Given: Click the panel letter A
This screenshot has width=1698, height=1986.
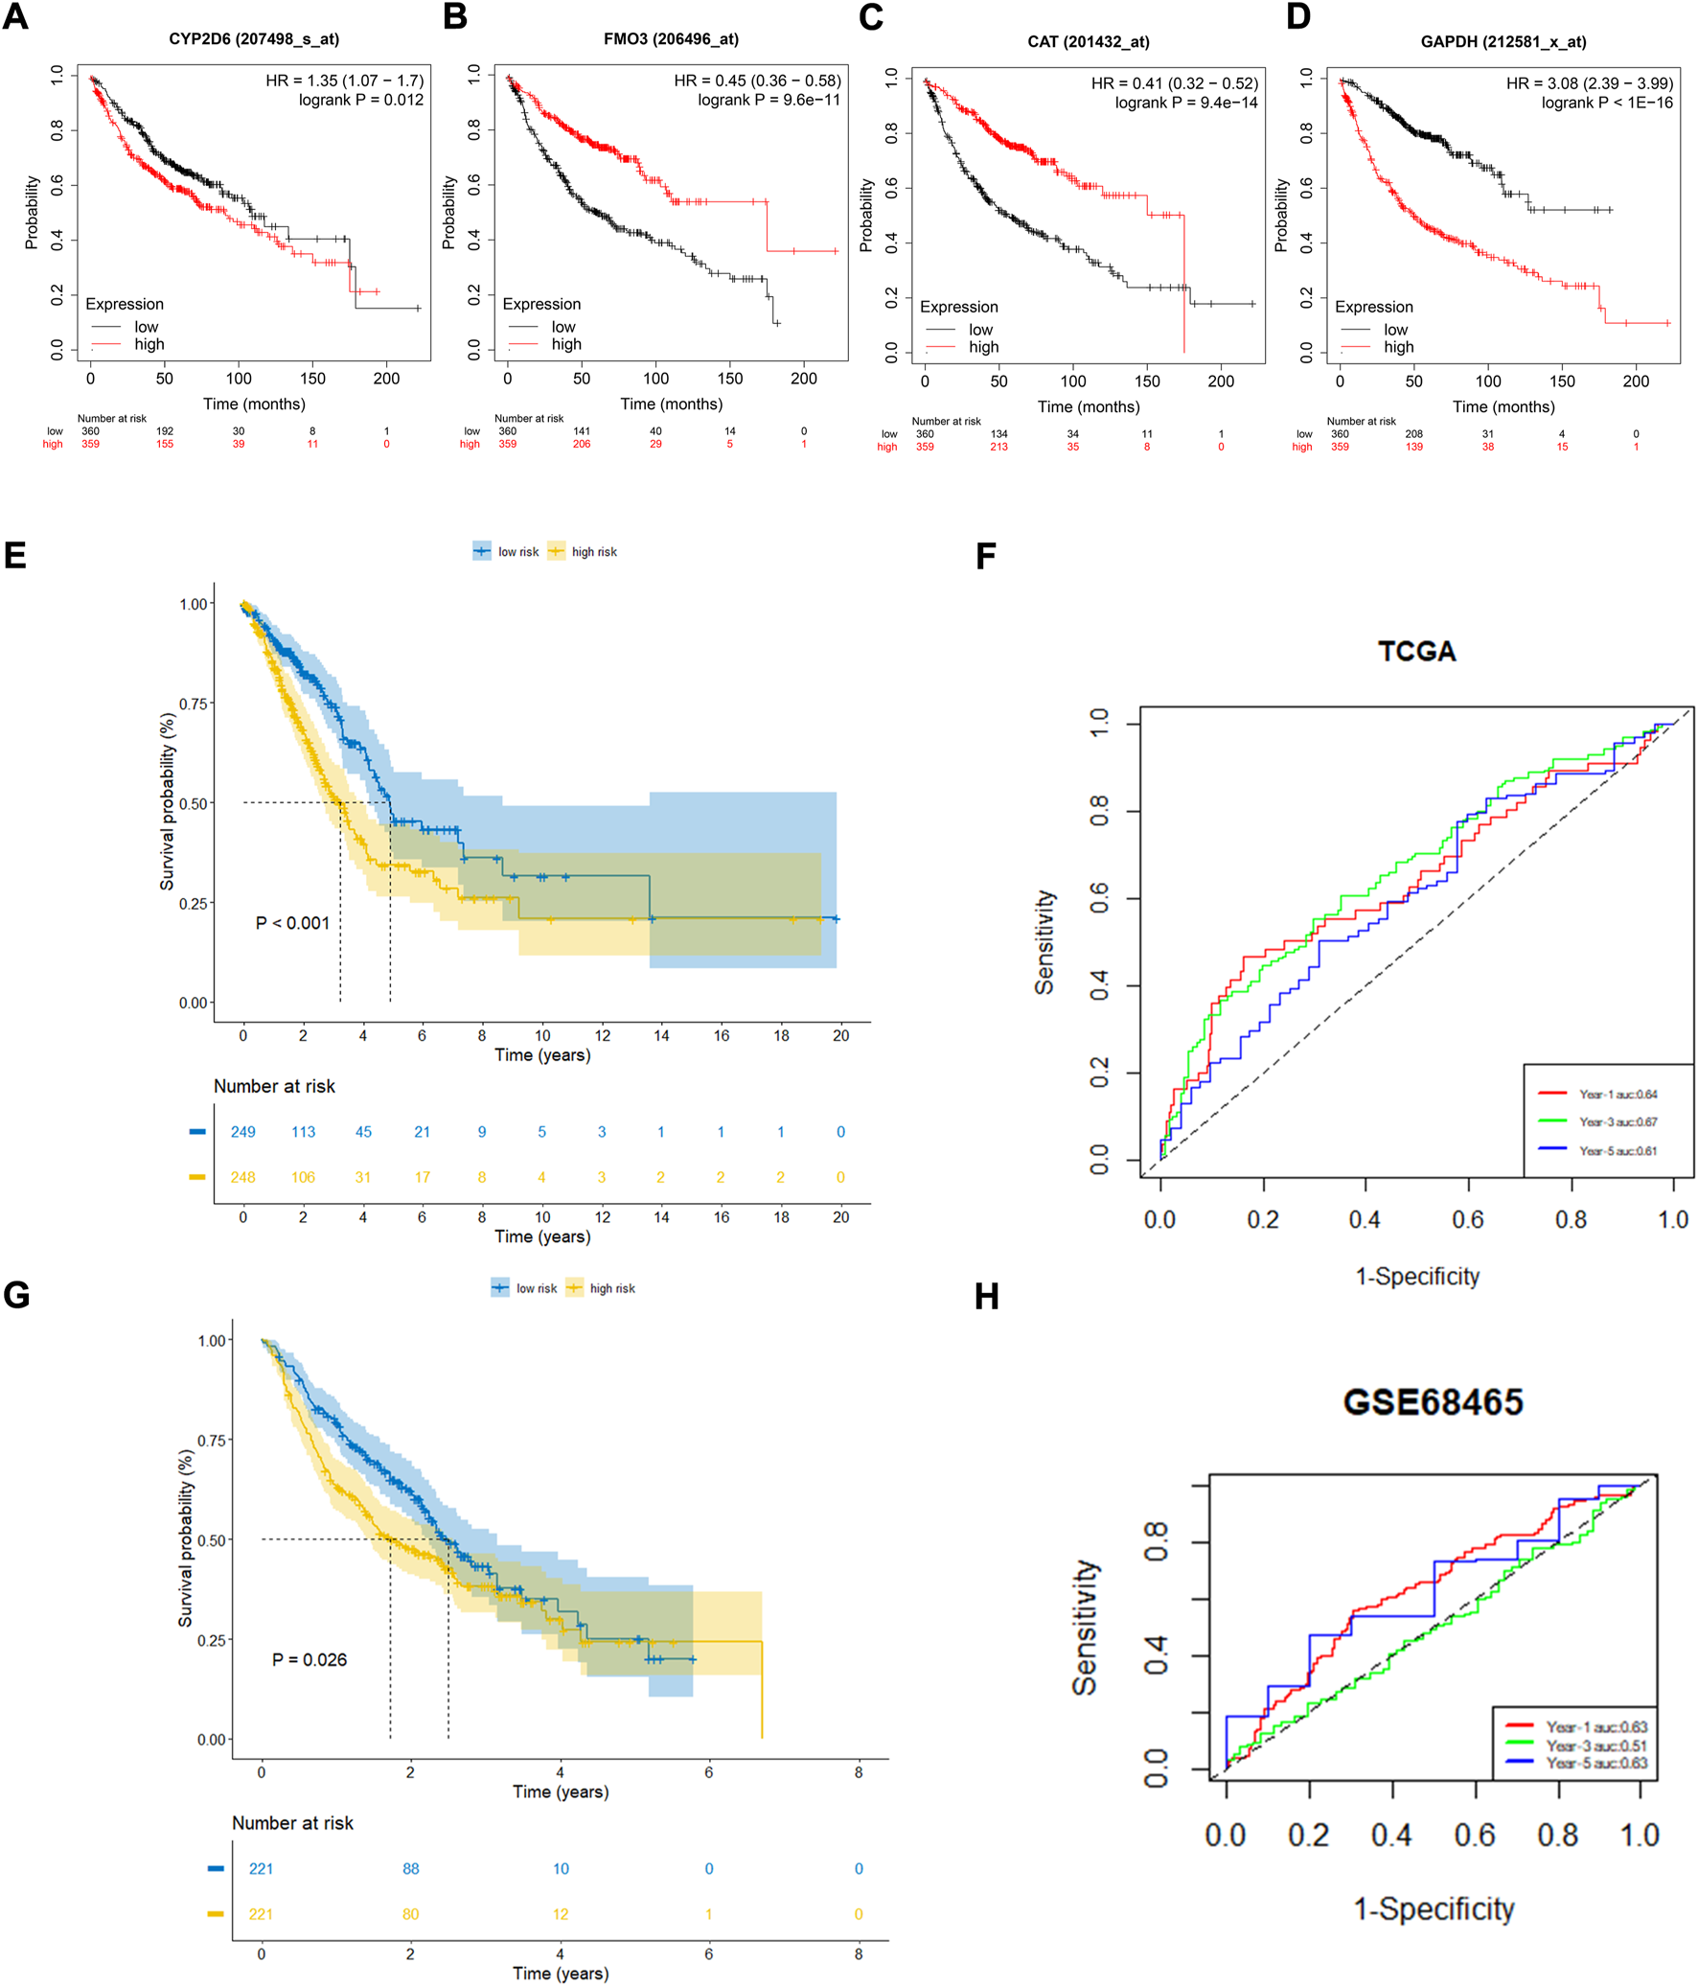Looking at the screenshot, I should [x=16, y=17].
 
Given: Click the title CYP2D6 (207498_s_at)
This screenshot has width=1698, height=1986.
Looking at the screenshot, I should [x=254, y=39].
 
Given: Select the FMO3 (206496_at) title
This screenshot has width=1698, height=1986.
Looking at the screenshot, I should [x=671, y=39].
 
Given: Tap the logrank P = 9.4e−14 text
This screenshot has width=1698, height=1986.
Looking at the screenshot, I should [x=1186, y=103].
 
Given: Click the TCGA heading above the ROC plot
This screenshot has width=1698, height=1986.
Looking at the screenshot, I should [x=1416, y=652].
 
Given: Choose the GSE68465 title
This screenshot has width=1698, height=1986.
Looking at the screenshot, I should [x=1433, y=1402].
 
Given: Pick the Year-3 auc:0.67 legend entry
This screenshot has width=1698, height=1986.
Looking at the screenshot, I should [x=1618, y=1122].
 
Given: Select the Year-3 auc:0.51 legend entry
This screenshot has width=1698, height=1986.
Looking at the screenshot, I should [x=1595, y=1745].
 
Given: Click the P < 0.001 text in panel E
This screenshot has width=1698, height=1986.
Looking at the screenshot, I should [x=292, y=923].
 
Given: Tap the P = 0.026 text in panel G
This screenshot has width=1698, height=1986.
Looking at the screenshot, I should [x=310, y=1659].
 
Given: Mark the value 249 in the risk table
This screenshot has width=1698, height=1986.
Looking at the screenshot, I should [x=243, y=1132].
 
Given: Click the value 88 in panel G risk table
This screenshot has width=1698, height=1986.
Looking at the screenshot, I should [x=411, y=1868].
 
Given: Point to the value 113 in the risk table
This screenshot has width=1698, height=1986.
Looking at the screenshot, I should [x=304, y=1132].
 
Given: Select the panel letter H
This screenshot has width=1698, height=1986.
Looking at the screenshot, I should [x=986, y=1297].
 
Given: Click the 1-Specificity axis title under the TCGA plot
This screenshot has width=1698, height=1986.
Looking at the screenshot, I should [x=1416, y=1277].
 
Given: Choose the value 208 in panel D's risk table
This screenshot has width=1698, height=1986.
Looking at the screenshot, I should [x=1413, y=434].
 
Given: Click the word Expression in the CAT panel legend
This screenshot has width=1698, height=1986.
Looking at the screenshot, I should [x=958, y=307].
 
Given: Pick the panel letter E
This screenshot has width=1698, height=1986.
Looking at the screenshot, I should [x=15, y=556].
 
